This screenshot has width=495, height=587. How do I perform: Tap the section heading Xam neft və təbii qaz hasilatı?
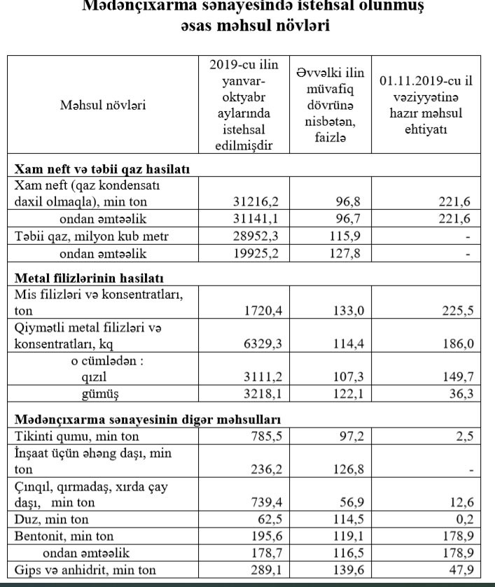[103, 169]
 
